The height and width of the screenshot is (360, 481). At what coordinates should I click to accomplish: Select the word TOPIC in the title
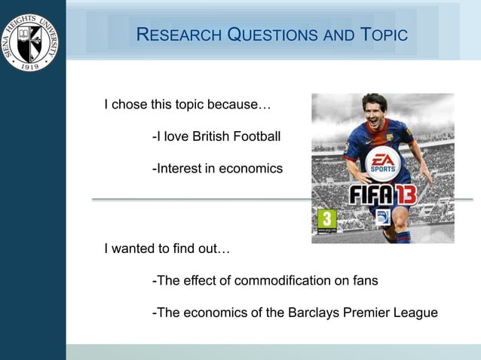(384, 35)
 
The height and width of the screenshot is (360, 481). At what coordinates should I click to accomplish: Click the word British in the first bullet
(212, 136)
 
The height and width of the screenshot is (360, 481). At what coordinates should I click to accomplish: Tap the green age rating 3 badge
(326, 220)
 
